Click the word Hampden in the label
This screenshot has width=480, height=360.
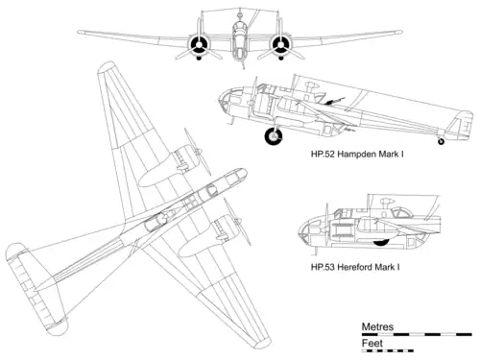(356, 155)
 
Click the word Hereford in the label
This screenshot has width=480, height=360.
(354, 267)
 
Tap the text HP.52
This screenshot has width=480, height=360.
(323, 155)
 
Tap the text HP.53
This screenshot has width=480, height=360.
(323, 267)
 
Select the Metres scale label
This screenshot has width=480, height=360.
(377, 326)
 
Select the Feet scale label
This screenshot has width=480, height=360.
(372, 343)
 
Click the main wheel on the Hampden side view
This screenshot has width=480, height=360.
(274, 136)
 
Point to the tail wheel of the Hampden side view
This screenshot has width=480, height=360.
(441, 141)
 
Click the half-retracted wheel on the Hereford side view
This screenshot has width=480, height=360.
(381, 242)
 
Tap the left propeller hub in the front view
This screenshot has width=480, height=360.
(199, 45)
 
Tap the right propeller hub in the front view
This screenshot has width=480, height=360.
(280, 45)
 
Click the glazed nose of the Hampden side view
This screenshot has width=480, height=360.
(227, 100)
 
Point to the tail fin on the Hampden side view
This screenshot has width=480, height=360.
(461, 126)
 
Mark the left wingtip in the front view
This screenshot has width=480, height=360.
(81, 32)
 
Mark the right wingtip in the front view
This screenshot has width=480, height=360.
(399, 32)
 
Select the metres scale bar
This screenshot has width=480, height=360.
(417, 334)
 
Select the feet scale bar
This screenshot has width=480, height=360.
(388, 350)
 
